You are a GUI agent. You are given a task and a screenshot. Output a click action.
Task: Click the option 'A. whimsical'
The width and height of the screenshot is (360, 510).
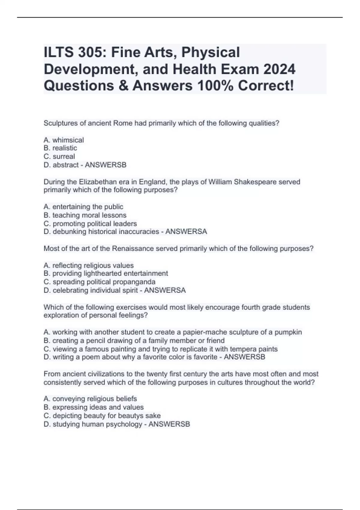coord(64,140)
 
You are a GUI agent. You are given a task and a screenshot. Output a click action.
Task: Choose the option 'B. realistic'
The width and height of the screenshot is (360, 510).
coord(60,148)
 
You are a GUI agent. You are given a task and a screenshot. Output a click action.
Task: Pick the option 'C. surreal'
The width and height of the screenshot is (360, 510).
coord(59,156)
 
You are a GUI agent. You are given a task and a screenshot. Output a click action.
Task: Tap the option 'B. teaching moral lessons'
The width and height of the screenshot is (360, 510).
coord(85,215)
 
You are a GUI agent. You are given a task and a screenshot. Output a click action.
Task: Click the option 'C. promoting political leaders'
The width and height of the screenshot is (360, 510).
coord(90,223)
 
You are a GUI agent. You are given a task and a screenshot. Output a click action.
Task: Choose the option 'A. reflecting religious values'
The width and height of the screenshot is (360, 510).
coord(88,265)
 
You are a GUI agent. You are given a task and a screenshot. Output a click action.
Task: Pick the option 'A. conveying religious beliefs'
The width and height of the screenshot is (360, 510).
coord(90,399)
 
